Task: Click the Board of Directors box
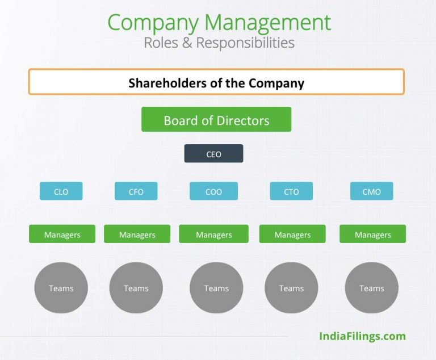point(216,119)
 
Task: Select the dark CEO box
point(213,153)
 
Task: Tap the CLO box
point(61,191)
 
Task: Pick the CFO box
point(136,191)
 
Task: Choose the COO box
point(213,191)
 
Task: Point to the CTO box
point(291,191)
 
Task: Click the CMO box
point(371,191)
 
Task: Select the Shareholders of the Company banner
point(216,82)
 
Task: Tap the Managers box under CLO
point(62,234)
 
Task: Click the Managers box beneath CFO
point(137,234)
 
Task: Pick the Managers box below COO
point(213,234)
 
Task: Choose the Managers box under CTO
point(292,234)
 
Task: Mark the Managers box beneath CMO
point(372,234)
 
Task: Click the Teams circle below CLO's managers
point(61,288)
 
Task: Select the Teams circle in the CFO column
point(136,288)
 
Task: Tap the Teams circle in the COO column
point(216,288)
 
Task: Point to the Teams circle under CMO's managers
point(371,288)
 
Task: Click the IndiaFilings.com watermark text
point(362,336)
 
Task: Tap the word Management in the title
point(267,23)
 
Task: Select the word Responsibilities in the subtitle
point(245,43)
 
